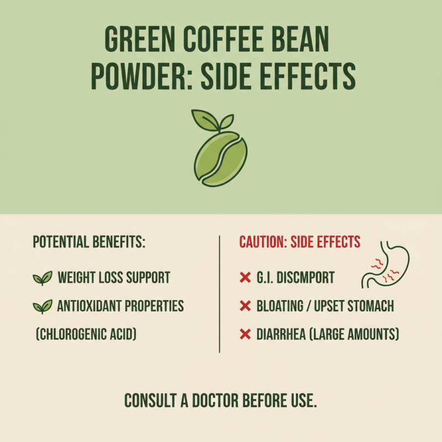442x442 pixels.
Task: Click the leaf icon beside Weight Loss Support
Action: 42,277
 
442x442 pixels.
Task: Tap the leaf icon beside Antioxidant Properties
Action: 42,306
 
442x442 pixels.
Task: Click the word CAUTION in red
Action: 262,242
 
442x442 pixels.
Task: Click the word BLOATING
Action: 280,306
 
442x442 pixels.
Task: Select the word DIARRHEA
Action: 282,335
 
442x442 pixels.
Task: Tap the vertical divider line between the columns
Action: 220,293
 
